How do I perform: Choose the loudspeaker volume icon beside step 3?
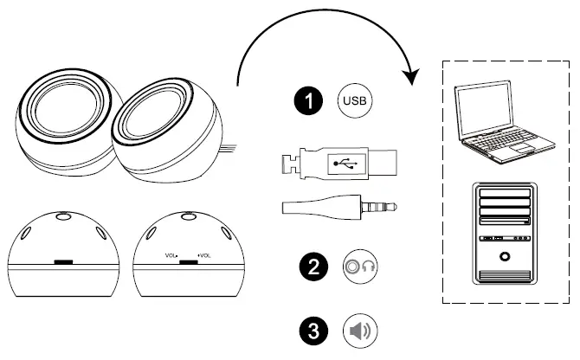point(361,331)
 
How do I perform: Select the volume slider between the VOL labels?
point(188,259)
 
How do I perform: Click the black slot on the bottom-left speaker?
point(62,260)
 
